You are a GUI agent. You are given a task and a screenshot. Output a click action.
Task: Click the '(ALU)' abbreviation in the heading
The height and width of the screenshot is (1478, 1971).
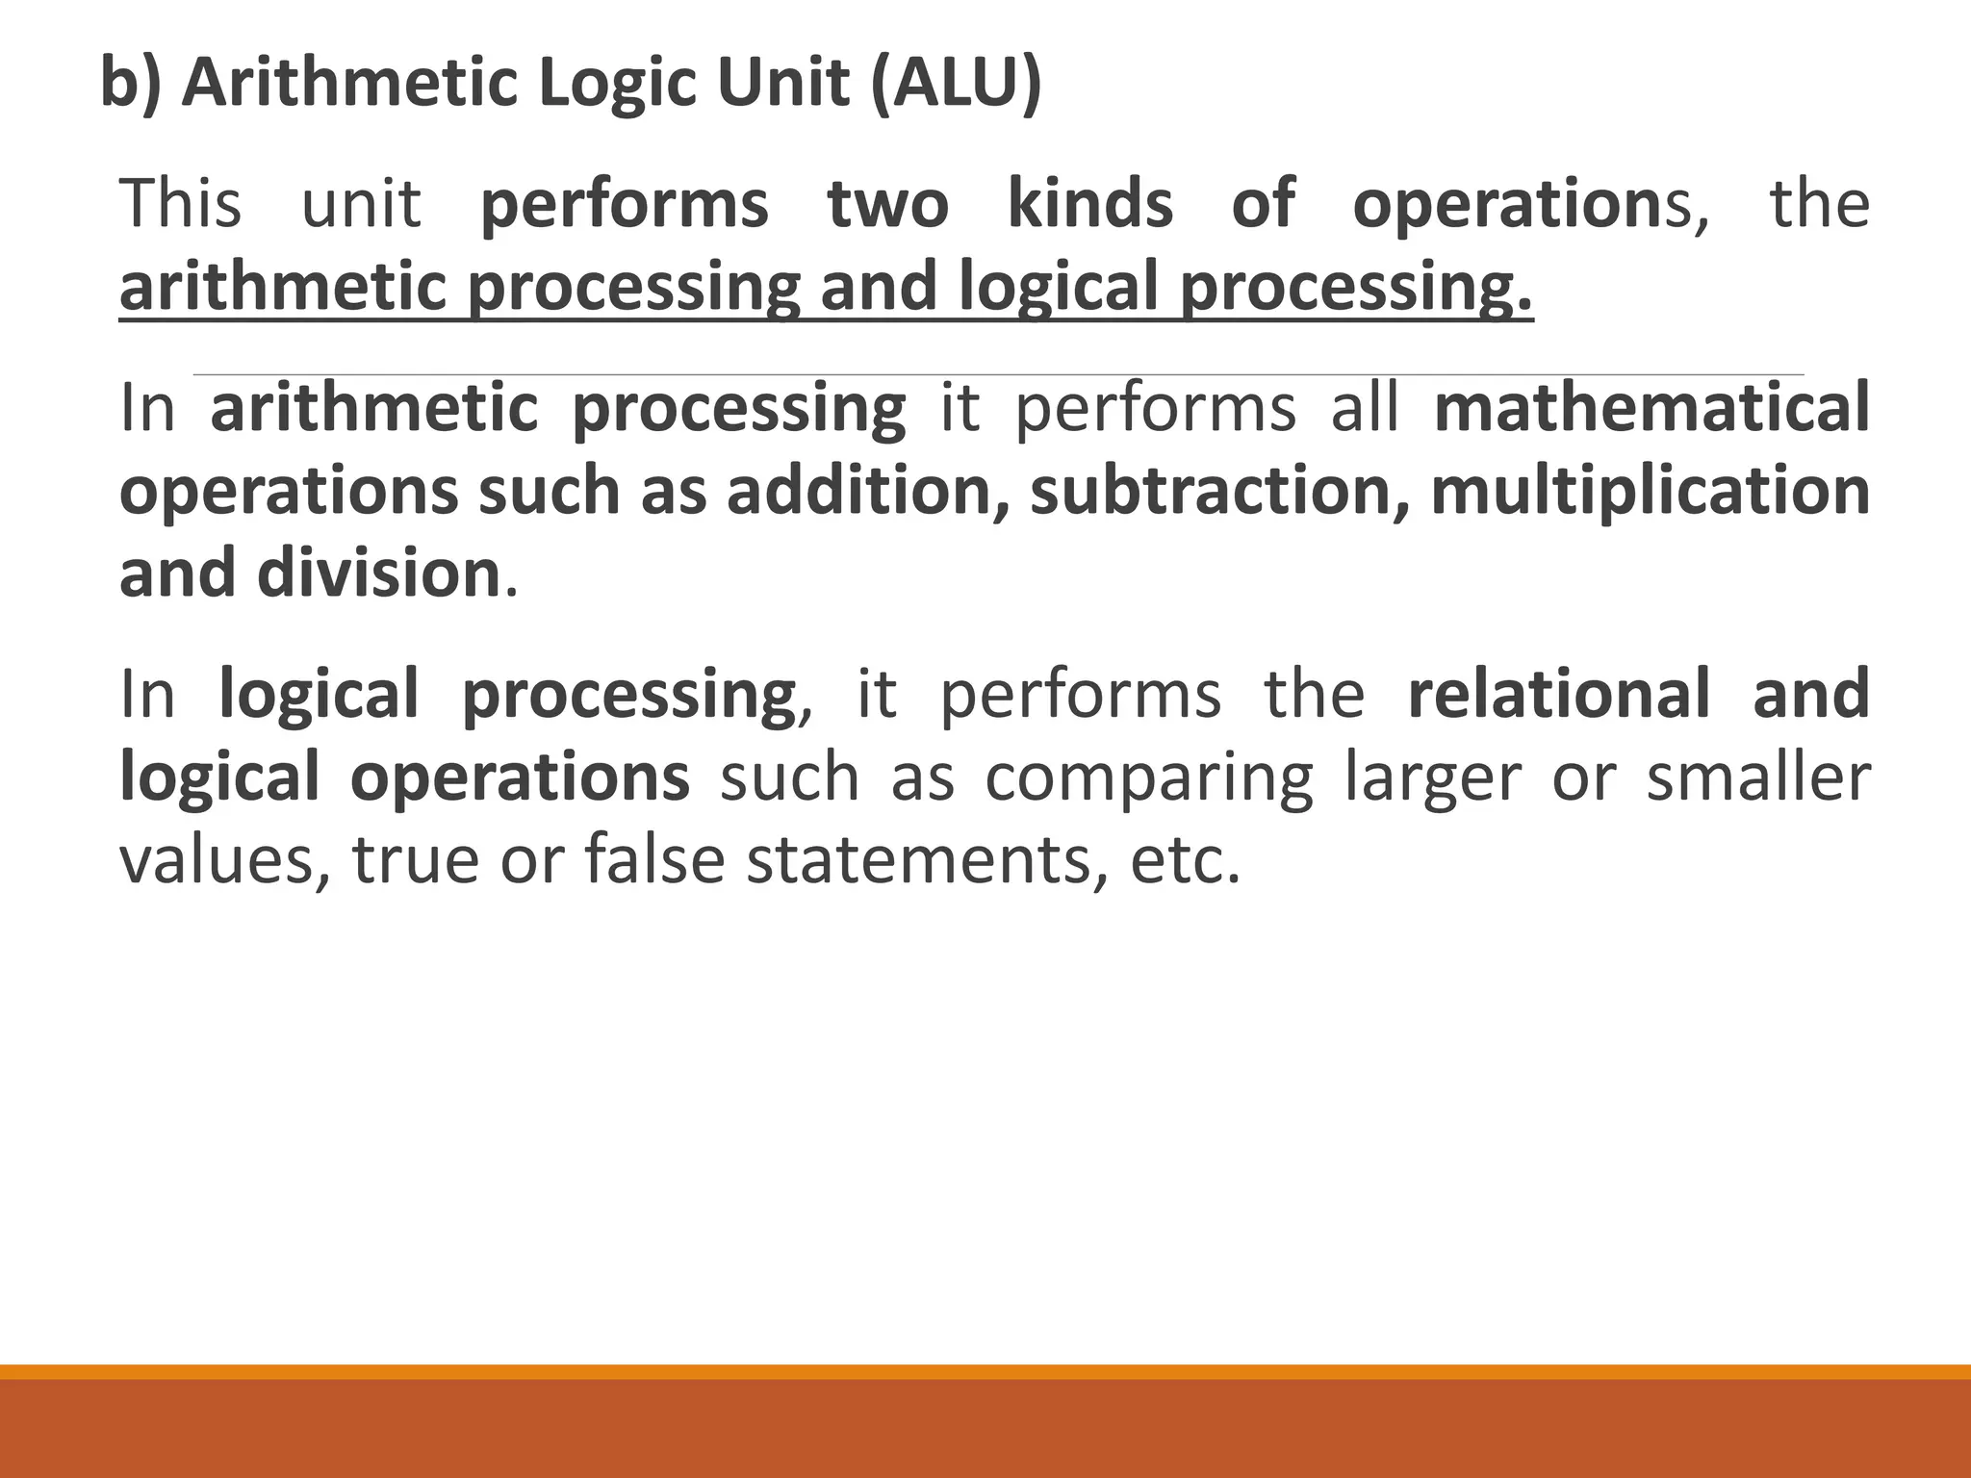[956, 84]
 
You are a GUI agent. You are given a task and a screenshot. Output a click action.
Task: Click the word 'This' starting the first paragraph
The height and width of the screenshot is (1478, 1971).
[180, 204]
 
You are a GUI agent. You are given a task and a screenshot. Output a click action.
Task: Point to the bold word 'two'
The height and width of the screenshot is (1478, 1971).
[888, 204]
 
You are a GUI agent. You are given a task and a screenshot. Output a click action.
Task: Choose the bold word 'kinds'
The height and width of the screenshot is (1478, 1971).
[1090, 204]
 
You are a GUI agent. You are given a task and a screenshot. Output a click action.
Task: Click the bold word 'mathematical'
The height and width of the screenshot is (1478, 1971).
[1651, 408]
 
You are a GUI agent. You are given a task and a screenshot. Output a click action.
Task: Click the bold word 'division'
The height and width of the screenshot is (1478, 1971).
[378, 573]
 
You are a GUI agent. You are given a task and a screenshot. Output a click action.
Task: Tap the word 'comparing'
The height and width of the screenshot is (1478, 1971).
[1148, 777]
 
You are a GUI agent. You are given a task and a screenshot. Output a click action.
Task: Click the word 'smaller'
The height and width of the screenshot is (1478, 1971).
[1758, 777]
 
